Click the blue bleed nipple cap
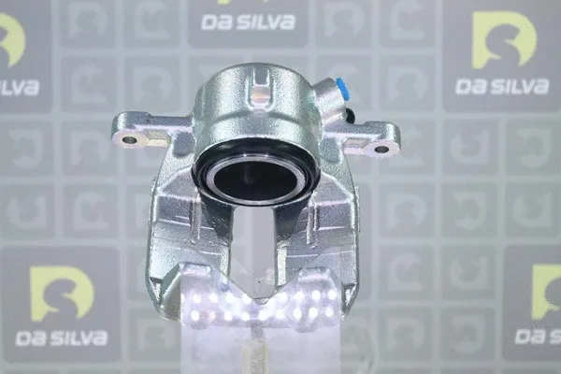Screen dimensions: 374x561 tap(342, 90)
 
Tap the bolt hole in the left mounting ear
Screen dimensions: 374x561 tap(129, 140)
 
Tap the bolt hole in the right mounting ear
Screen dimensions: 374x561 tap(381, 149)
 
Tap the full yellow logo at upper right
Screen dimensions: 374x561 tap(504, 41)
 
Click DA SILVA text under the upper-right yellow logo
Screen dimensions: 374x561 tap(501, 87)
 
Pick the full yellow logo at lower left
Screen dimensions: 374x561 tap(62, 293)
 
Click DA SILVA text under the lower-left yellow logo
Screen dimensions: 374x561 tap(61, 338)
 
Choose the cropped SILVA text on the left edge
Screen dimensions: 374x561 tap(19, 88)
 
